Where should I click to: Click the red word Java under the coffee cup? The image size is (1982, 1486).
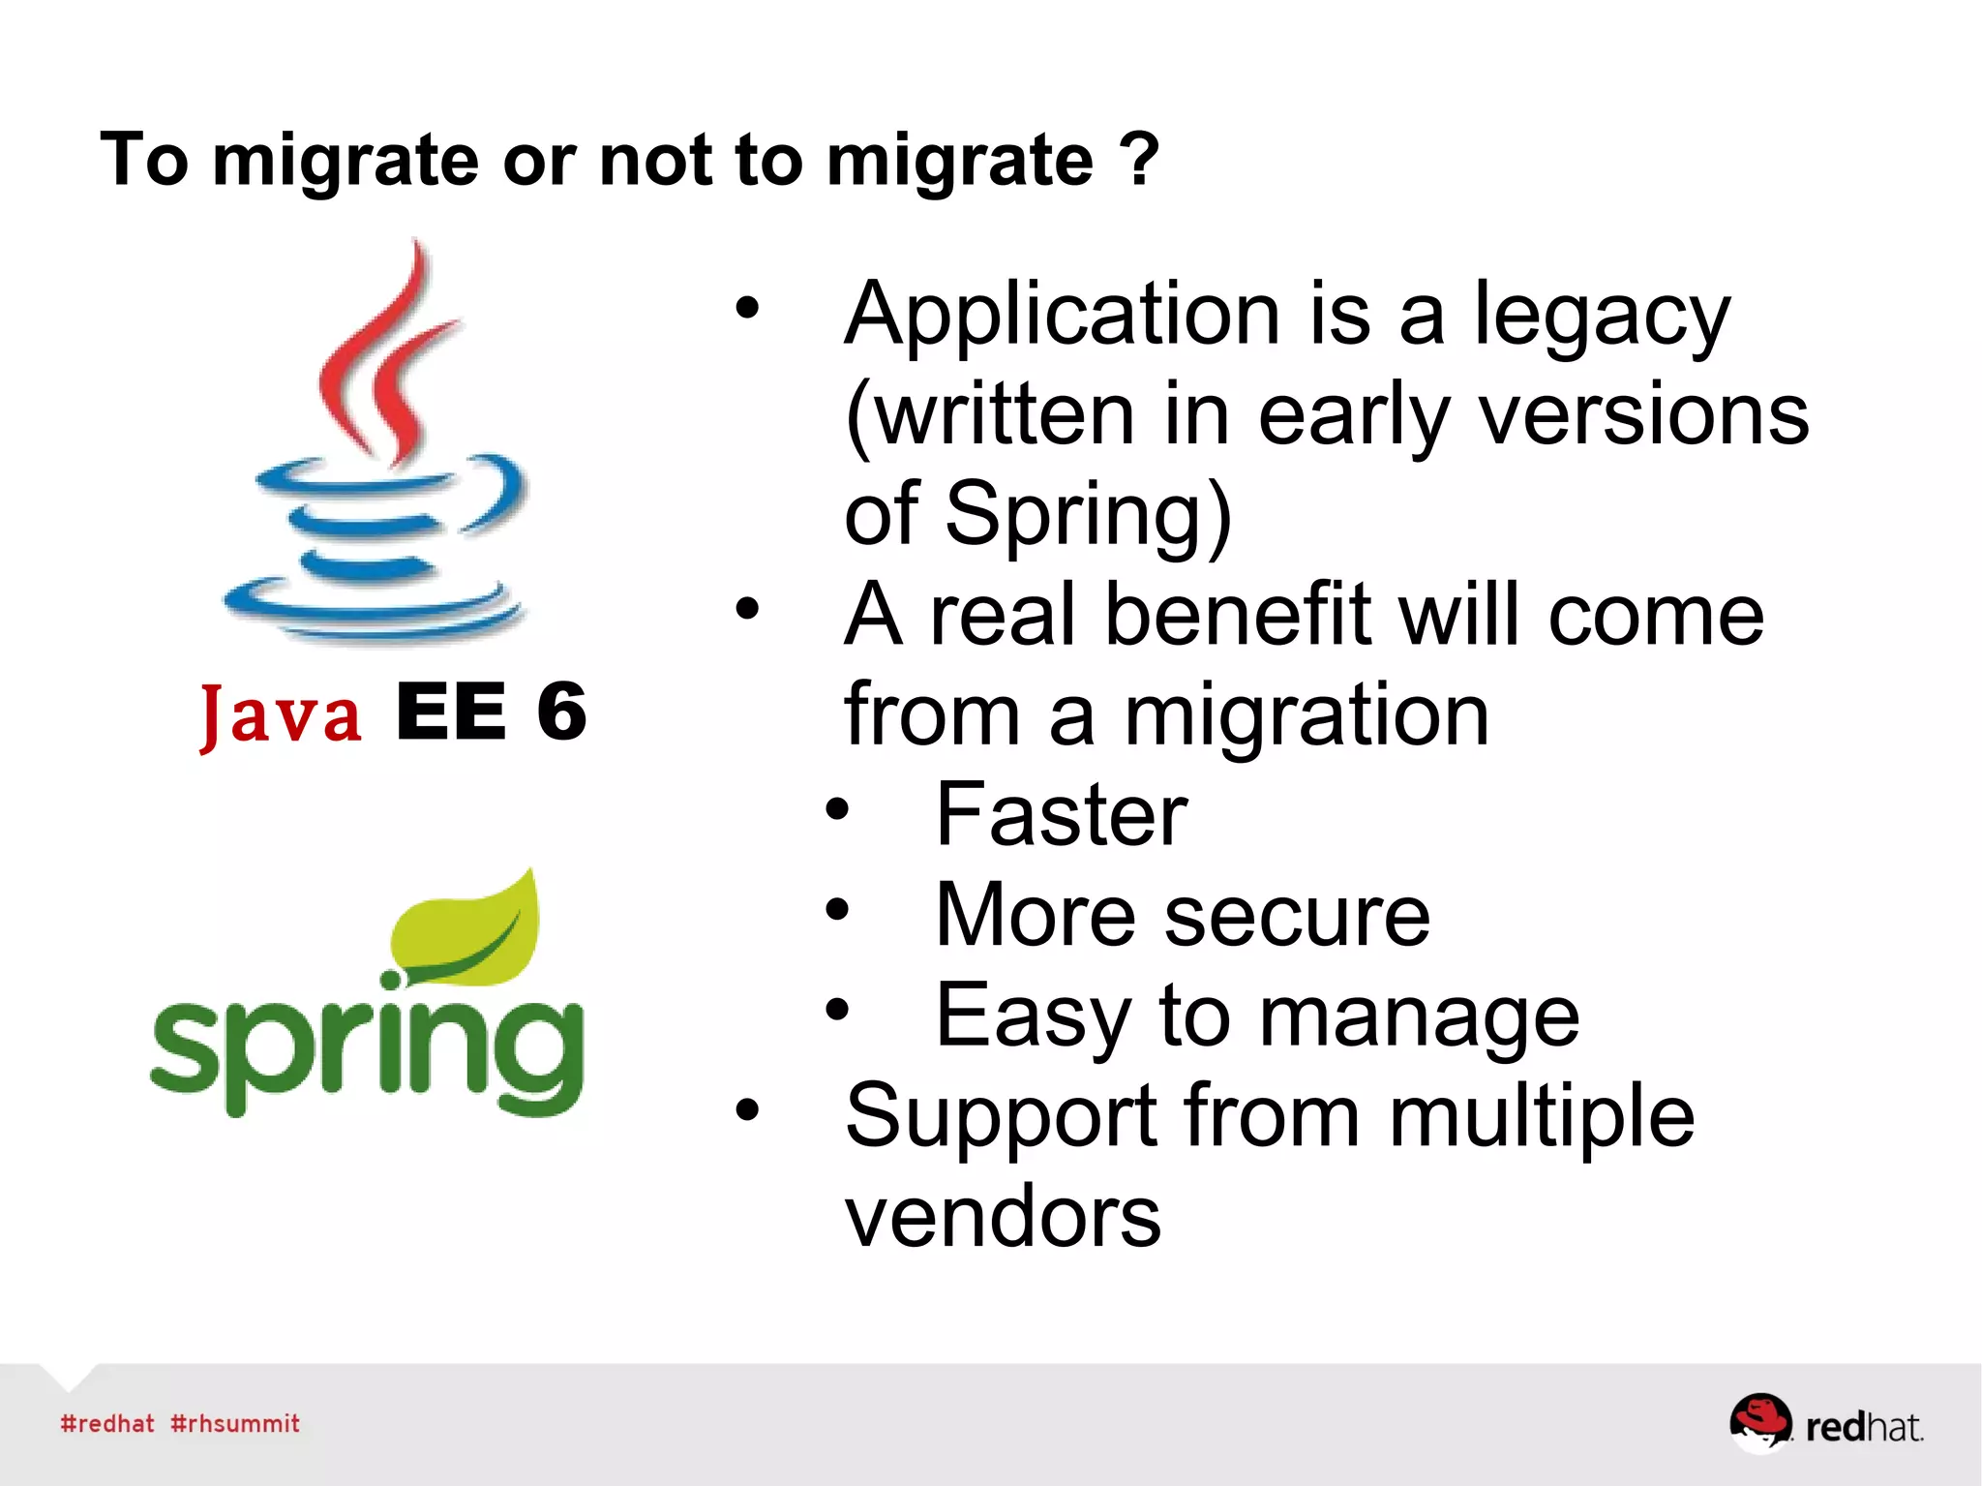[x=281, y=715]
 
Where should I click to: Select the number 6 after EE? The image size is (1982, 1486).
[x=562, y=712]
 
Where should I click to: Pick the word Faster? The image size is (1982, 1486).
[x=1061, y=815]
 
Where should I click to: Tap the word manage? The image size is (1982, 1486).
[x=1418, y=1017]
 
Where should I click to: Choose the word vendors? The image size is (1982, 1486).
[x=1003, y=1218]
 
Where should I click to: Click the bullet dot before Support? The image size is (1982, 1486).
[x=747, y=1109]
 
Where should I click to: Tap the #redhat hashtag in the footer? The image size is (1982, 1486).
[x=107, y=1423]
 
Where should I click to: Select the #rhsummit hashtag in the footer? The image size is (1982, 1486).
[x=235, y=1423]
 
